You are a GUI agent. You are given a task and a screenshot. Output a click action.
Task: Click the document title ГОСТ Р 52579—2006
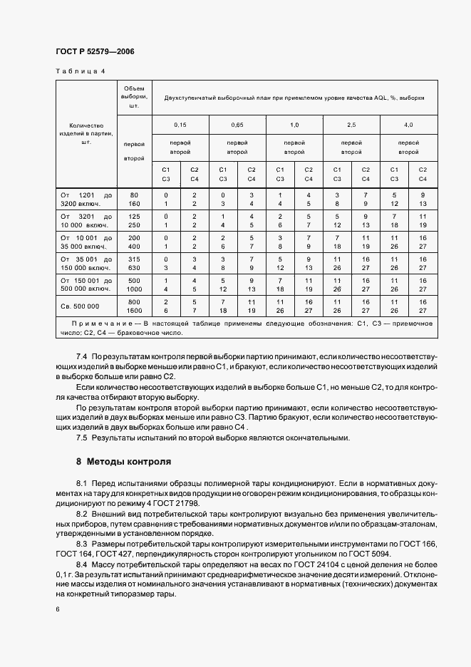click(94, 52)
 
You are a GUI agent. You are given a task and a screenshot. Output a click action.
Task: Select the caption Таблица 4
click(79, 71)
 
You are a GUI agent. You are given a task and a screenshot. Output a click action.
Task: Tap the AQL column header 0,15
click(180, 125)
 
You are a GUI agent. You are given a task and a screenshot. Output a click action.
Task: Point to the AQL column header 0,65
click(237, 125)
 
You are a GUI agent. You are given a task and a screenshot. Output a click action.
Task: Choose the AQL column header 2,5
click(351, 125)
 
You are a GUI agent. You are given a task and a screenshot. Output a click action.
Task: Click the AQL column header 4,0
click(408, 125)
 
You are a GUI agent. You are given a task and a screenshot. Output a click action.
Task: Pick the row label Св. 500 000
click(80, 306)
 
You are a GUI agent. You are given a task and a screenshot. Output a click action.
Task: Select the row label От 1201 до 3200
click(86, 199)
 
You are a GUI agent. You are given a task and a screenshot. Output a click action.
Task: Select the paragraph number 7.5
click(81, 438)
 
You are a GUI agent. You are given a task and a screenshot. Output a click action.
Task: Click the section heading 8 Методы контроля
click(124, 461)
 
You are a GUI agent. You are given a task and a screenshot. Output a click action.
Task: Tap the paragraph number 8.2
click(81, 513)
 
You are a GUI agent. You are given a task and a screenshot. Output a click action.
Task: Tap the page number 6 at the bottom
click(58, 609)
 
